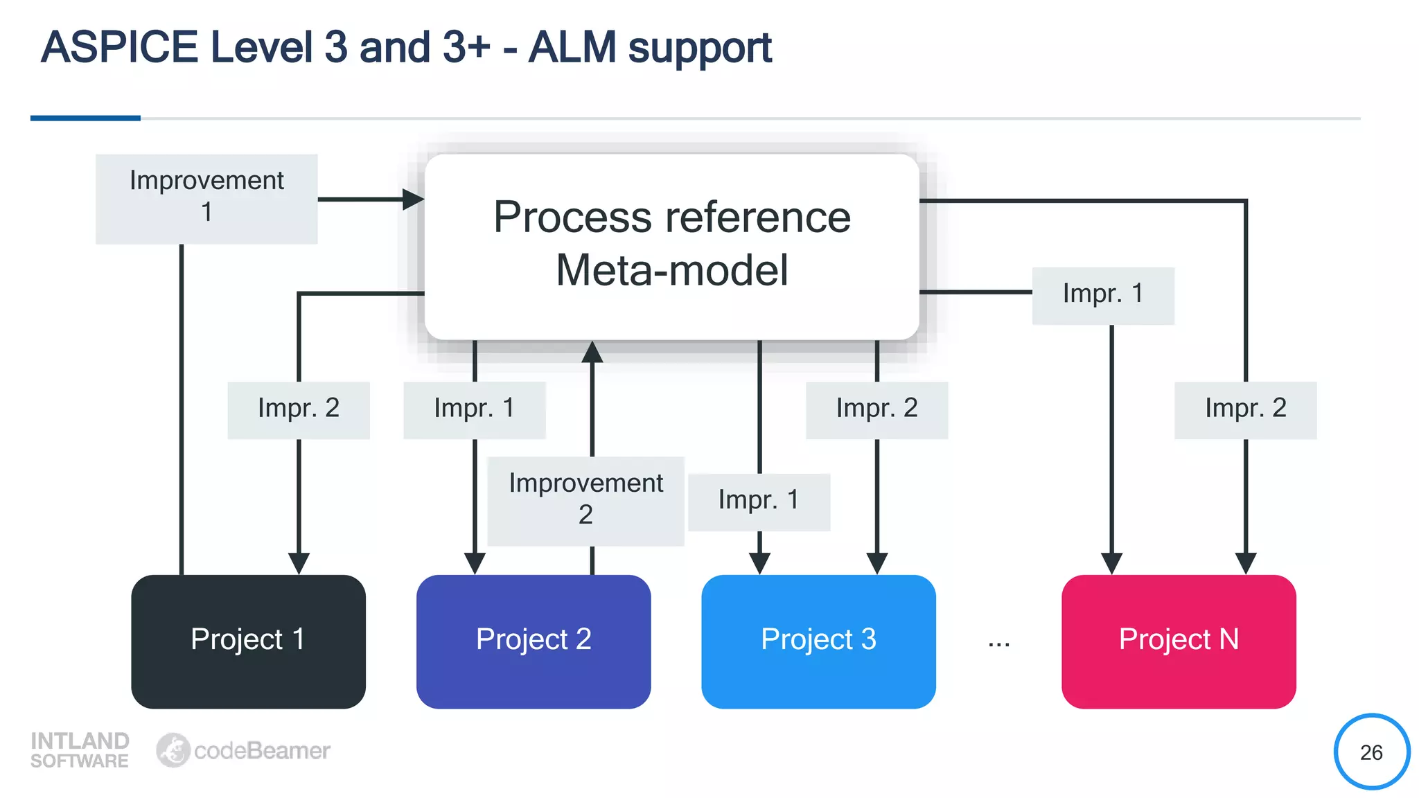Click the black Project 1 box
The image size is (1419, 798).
(x=248, y=641)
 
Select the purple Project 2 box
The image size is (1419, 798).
(x=533, y=641)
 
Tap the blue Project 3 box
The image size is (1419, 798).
(x=818, y=641)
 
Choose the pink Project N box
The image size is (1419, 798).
(x=1178, y=641)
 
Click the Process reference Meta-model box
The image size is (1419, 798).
(x=671, y=246)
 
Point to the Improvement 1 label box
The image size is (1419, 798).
(x=206, y=198)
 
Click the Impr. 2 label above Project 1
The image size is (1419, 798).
(x=298, y=409)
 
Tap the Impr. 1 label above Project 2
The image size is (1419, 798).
(x=474, y=409)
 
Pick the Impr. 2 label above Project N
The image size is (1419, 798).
(x=1245, y=409)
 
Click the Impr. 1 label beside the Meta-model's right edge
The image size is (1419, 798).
(x=1102, y=295)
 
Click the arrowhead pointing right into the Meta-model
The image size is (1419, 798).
(x=414, y=199)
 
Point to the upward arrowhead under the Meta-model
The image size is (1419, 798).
(x=592, y=352)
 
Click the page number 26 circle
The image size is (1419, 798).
(x=1371, y=752)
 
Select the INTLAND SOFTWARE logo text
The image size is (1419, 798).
(x=80, y=750)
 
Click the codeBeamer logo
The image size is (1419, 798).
(x=243, y=750)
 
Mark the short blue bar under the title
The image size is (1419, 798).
(x=85, y=118)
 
